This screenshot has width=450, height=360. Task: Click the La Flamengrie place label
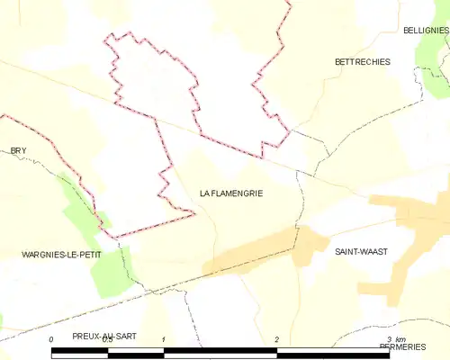pos(230,193)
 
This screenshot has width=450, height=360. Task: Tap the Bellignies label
pos(427,31)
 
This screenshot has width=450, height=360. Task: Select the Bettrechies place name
pos(362,62)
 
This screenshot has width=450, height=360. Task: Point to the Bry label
pos(17,150)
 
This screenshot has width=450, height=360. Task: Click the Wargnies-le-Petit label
pos(62,255)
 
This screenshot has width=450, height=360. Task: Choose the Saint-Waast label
pos(360,252)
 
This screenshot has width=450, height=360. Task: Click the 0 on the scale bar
pos(51,339)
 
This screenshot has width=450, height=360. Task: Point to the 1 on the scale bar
pos(163,339)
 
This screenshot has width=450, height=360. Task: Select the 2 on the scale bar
pos(276,339)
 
